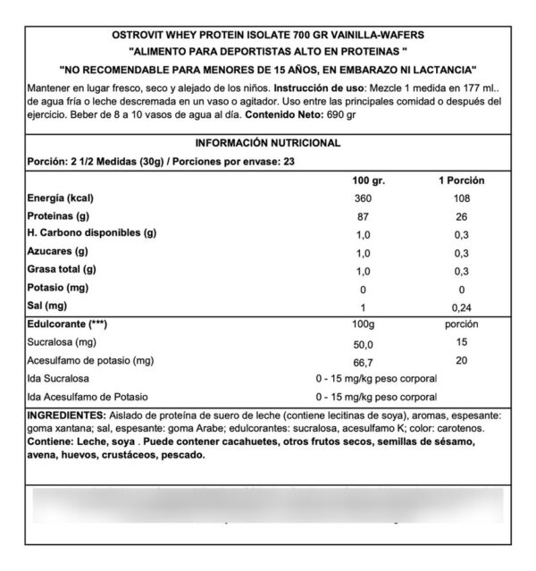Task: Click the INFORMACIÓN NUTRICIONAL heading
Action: (268, 142)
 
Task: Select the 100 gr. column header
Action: (365, 181)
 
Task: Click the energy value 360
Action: (363, 197)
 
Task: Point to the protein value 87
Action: (363, 215)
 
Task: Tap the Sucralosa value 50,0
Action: (363, 342)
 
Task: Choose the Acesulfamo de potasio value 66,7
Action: (363, 360)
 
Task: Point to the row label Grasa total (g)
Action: (63, 270)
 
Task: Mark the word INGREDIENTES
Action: (66, 416)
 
